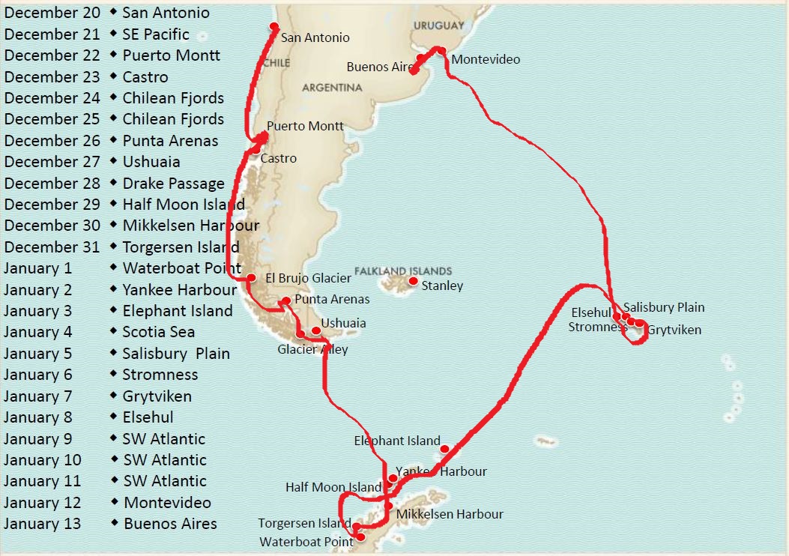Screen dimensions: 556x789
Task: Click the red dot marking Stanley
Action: [413, 281]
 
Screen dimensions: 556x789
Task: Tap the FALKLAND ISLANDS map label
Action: [403, 271]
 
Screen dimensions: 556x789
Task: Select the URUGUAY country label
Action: [438, 25]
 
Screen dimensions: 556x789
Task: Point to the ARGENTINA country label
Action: [332, 88]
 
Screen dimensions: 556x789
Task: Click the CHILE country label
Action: [276, 63]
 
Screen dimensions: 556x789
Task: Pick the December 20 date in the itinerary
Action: [52, 13]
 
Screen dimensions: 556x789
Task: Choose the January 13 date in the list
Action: [42, 524]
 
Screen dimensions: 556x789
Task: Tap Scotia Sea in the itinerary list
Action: [159, 332]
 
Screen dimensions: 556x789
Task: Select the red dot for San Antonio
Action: [275, 27]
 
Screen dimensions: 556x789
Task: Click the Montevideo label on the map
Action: [486, 59]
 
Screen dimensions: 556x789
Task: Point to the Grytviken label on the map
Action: [674, 330]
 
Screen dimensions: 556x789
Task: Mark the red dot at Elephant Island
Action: [444, 450]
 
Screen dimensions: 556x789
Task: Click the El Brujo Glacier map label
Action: [309, 278]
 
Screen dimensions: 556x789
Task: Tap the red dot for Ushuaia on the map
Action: [315, 330]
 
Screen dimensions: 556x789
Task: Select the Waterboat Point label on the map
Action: [306, 542]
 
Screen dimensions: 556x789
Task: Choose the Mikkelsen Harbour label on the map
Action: [450, 514]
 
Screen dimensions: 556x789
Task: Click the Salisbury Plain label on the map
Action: [664, 307]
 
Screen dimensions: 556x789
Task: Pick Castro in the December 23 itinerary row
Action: [145, 76]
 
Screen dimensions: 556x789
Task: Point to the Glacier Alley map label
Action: [312, 349]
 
